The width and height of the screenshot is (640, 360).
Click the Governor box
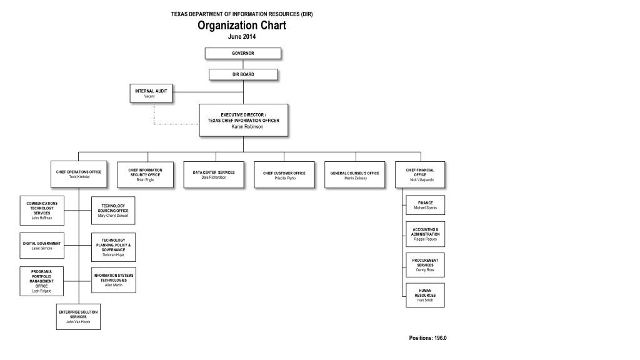pos(243,53)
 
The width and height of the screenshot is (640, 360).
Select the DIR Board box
pos(243,74)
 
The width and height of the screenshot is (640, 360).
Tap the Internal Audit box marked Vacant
pos(151,93)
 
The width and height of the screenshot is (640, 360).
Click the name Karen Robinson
pos(247,127)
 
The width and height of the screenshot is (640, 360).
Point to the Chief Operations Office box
pos(79,174)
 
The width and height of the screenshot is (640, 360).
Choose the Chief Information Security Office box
pos(145,174)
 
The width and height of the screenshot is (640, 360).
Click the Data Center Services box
pos(214,174)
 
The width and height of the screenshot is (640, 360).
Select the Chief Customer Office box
pos(284,175)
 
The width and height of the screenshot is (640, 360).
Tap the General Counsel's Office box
pos(355,175)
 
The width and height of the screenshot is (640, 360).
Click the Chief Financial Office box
pos(420,174)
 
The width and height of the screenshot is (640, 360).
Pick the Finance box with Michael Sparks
pos(425,205)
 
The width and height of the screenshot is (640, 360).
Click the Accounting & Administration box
pos(425,234)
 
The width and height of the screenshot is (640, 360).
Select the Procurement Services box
pos(425,264)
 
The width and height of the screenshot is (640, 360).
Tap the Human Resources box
pos(425,295)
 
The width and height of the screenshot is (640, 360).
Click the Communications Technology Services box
pos(42,210)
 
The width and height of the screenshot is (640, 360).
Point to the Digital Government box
pos(42,246)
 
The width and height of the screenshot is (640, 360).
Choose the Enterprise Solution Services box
pos(78,316)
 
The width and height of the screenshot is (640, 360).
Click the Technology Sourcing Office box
pos(113,211)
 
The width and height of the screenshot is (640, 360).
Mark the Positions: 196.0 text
pos(427,338)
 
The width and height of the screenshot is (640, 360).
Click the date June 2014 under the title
pos(242,36)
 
